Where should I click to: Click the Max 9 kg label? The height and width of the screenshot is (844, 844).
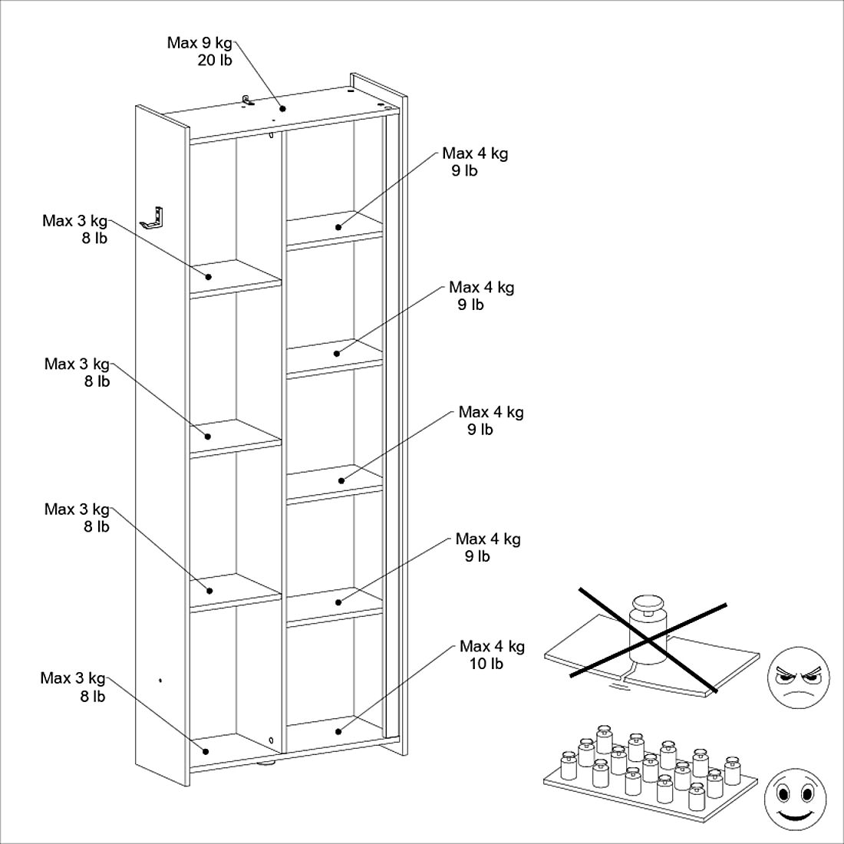[199, 43]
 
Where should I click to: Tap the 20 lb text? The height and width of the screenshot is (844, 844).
[214, 61]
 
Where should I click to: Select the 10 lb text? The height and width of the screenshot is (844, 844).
[486, 664]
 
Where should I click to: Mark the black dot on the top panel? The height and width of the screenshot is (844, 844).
[282, 108]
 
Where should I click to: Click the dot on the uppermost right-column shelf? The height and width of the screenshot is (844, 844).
[338, 227]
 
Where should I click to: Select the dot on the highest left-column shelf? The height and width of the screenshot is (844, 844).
[208, 275]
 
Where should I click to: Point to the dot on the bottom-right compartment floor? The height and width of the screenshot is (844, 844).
[338, 730]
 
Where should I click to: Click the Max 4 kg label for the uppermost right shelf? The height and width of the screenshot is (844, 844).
[474, 153]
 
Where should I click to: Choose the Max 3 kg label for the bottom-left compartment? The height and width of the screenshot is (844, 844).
[72, 678]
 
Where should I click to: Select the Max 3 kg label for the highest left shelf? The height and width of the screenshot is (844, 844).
[74, 222]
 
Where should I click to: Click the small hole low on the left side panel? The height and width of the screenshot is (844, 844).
[160, 680]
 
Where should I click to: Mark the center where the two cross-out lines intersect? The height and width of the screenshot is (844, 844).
[648, 639]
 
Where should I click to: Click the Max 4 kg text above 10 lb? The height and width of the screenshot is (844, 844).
[492, 647]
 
